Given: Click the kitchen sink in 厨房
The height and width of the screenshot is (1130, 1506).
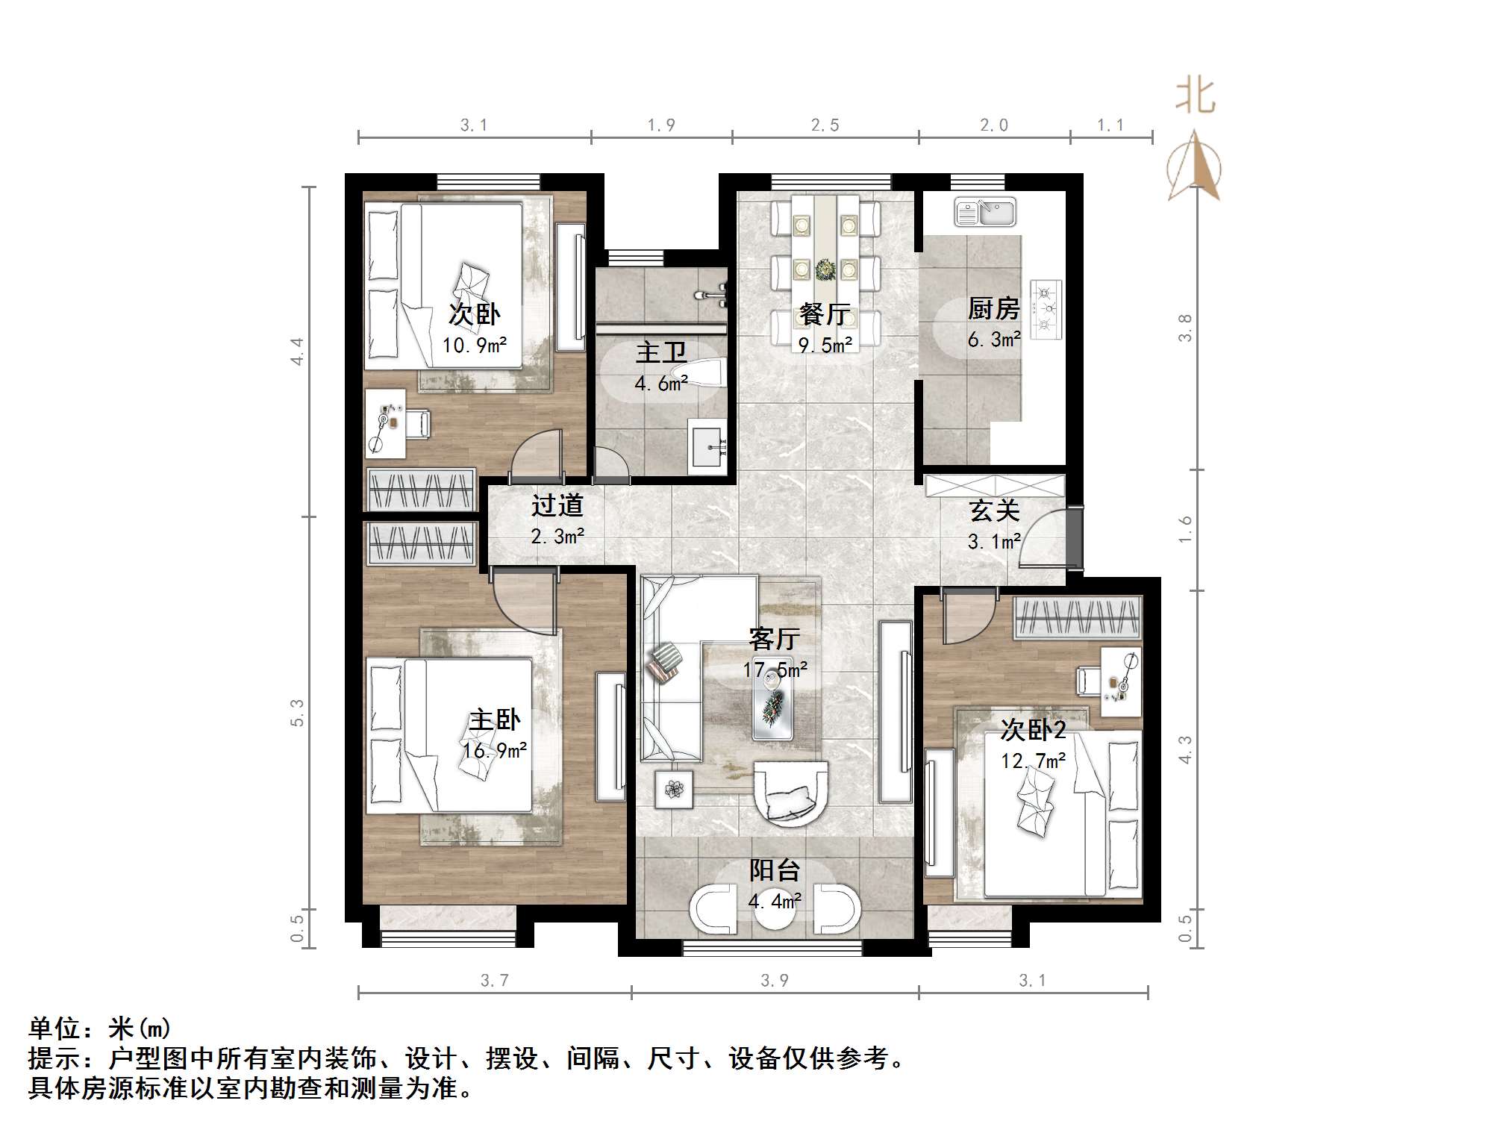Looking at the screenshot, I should pyautogui.click(x=984, y=212).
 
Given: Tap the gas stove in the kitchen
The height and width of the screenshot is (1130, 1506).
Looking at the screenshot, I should pyautogui.click(x=1046, y=308).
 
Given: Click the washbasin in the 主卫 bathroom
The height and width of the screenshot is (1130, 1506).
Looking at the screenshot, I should pyautogui.click(x=708, y=446).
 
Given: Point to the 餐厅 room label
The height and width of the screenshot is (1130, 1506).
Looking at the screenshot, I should pyautogui.click(x=823, y=314).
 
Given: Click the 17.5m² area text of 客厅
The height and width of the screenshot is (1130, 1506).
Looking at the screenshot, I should pyautogui.click(x=775, y=669).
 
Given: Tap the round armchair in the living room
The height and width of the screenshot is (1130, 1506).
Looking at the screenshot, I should pyautogui.click(x=790, y=793).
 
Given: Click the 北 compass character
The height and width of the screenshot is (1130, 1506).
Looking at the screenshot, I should pyautogui.click(x=1195, y=97).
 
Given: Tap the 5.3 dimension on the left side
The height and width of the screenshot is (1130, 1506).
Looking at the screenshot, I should pyautogui.click(x=297, y=713).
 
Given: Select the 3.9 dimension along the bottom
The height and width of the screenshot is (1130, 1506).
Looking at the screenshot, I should pyautogui.click(x=774, y=980).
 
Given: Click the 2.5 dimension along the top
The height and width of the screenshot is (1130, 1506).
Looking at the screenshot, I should pyautogui.click(x=825, y=125).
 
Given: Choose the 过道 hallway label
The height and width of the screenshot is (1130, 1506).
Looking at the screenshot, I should pyautogui.click(x=557, y=505).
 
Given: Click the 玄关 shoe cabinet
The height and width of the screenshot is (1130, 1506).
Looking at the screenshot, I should pyautogui.click(x=994, y=485).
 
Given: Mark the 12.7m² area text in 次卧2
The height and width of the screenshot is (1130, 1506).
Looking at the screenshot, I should pyautogui.click(x=1033, y=761).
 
